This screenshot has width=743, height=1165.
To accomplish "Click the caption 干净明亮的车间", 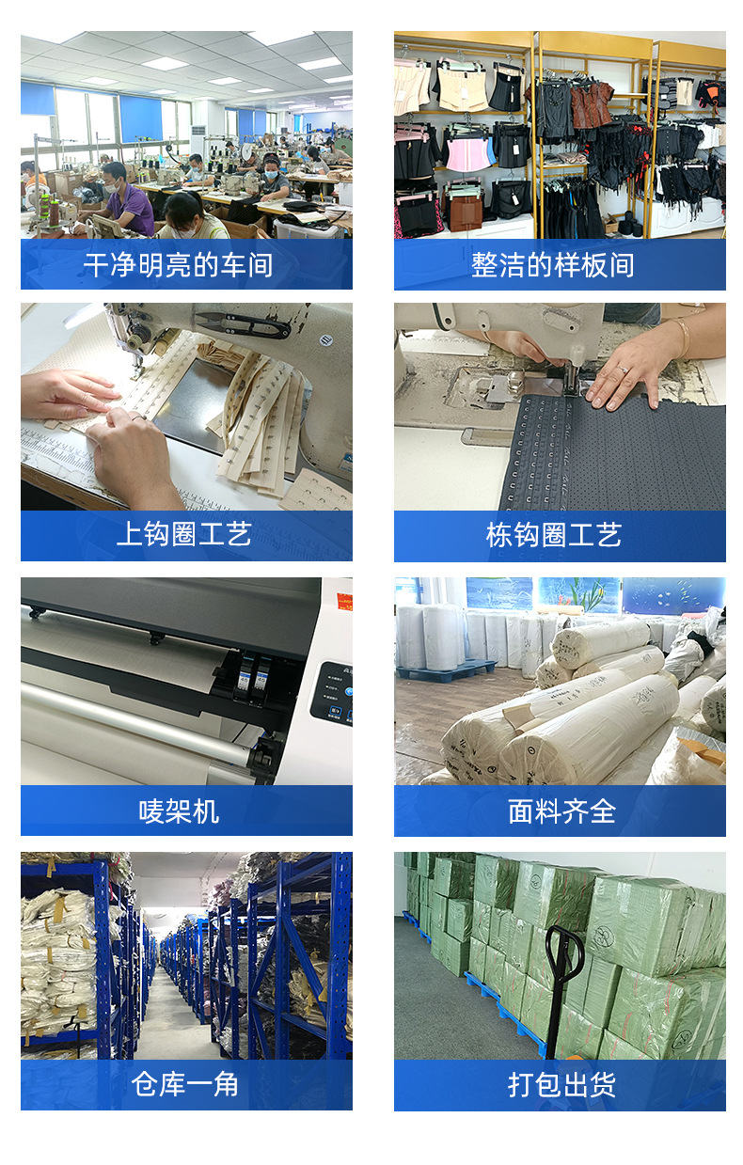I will (179, 265).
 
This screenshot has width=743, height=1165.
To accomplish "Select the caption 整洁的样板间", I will (552, 265).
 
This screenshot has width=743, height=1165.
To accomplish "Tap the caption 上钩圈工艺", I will (184, 536).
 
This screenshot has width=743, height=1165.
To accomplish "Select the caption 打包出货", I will (561, 1084).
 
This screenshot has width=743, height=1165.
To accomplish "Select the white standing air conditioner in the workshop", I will (197, 142).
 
